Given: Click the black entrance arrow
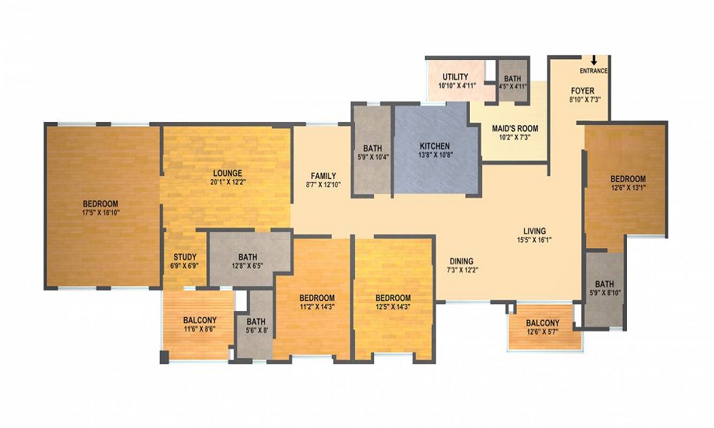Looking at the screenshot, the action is coord(594,60).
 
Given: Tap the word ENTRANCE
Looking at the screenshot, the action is coord(593,71).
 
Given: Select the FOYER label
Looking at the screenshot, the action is coord(583,91).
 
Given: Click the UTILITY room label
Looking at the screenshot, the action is coord(456,77).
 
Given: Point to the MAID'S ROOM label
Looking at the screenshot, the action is coord(515,128).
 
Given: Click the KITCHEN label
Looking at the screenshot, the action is coord(434,146).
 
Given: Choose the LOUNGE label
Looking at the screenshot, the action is coord(228,173).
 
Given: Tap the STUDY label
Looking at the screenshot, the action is coord(185,257).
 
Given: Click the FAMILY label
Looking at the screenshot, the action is coord(323,176).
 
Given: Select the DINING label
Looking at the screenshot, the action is coord(462,262).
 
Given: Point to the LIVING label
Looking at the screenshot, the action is coord(534,232).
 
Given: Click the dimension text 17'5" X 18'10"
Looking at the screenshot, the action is coord(101,213).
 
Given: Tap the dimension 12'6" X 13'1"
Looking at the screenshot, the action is coord(628,187).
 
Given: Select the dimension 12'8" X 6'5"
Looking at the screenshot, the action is coord(247,265).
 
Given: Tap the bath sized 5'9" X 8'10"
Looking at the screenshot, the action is coord(604,288).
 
